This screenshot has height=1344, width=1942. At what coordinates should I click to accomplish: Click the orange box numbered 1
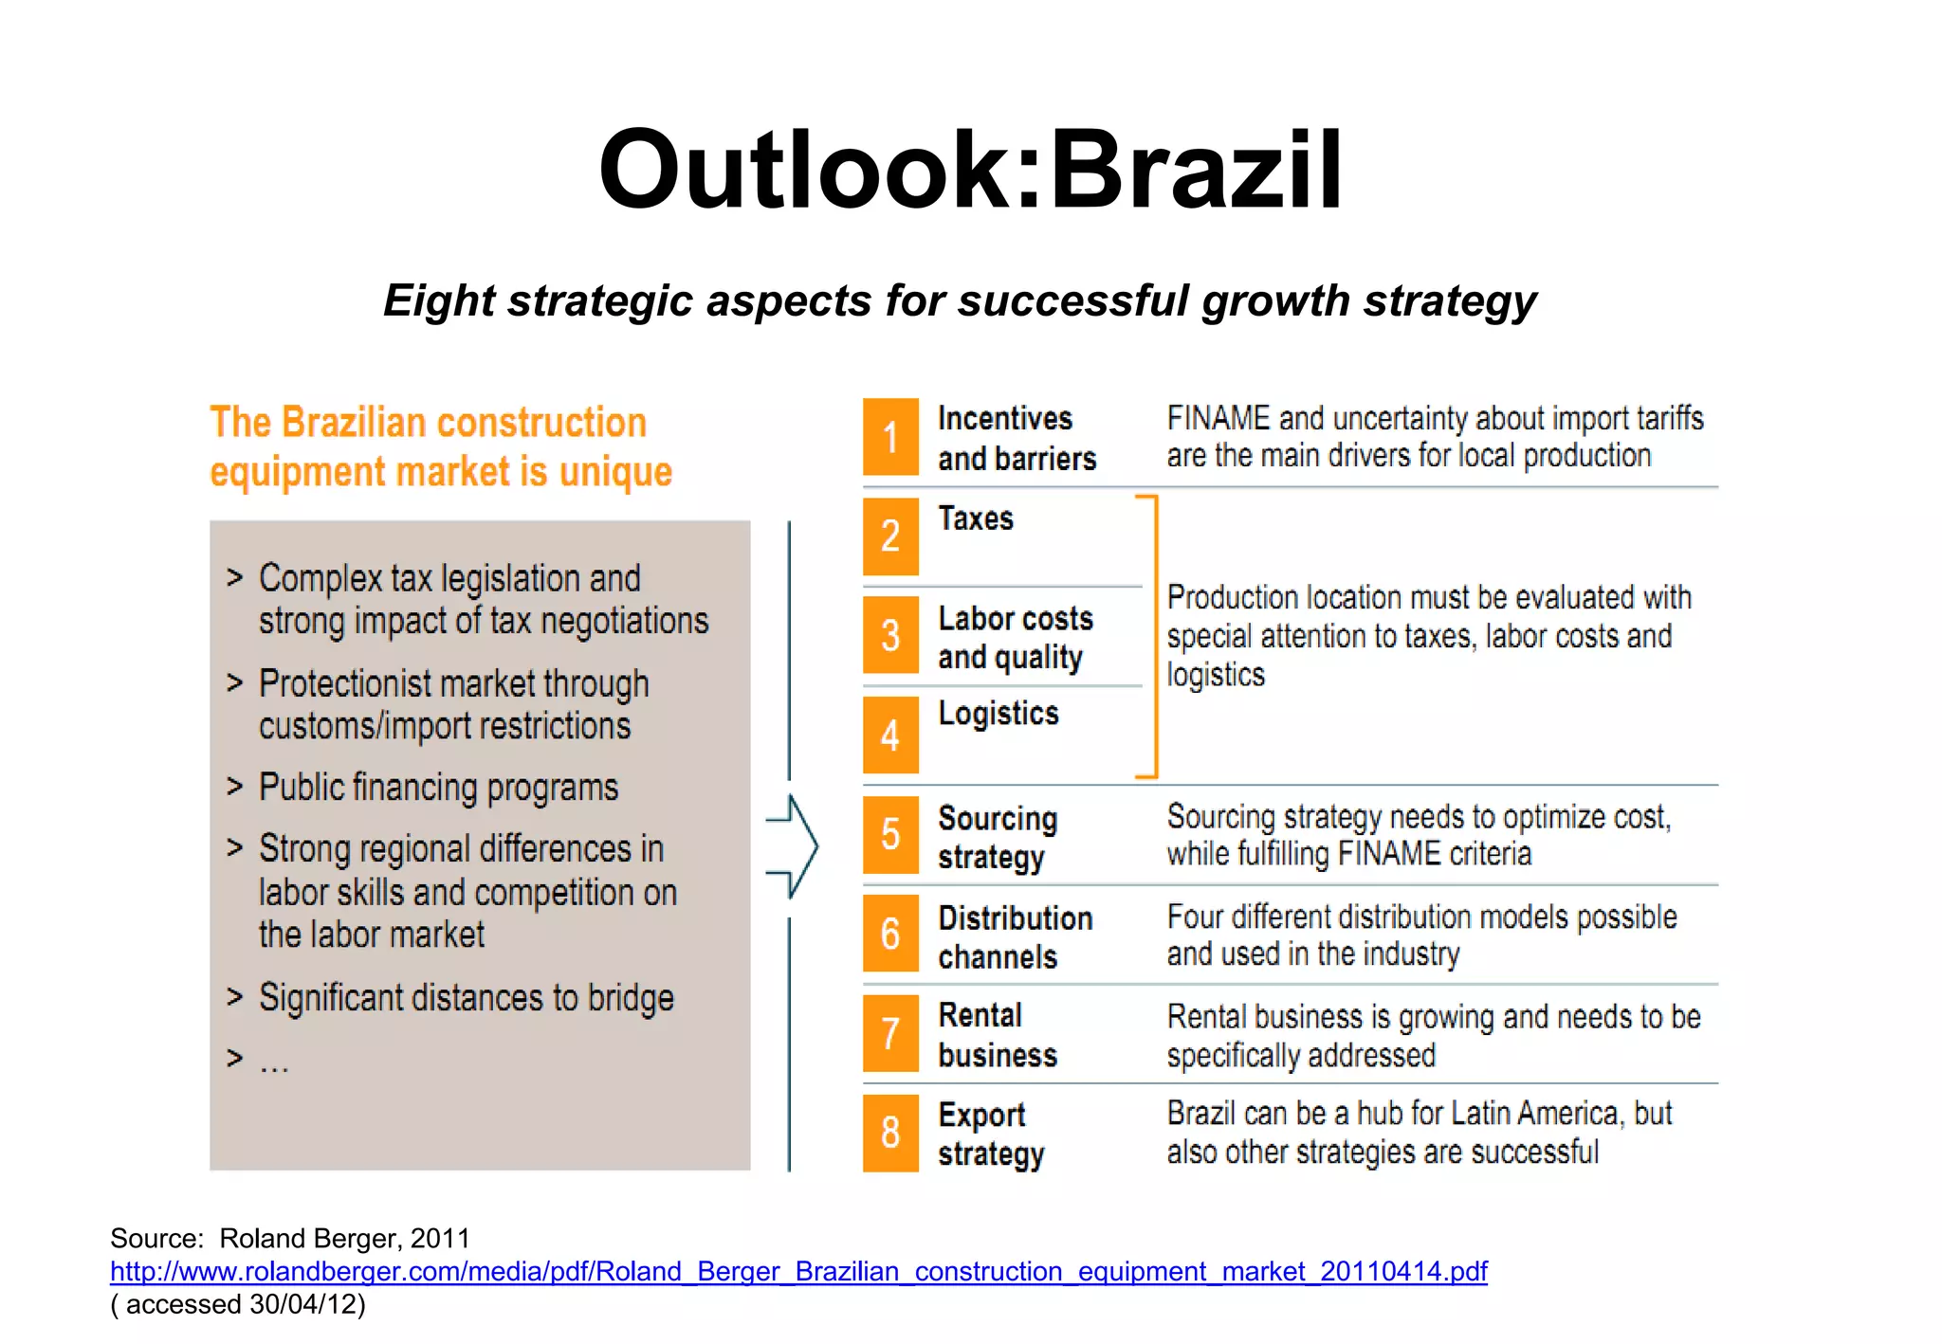coord(890,437)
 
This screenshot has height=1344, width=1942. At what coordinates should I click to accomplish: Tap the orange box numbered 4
coord(890,735)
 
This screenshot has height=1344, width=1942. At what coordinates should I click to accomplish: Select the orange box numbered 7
coord(890,1032)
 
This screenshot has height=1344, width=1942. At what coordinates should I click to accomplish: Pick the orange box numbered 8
coord(890,1133)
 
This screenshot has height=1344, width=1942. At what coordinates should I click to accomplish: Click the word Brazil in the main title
coord(1197,171)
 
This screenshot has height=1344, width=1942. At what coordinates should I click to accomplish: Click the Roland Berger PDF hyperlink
coord(798,1271)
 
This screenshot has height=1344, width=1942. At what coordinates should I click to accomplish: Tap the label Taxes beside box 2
coord(976,518)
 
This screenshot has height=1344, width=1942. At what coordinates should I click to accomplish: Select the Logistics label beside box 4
coord(998,713)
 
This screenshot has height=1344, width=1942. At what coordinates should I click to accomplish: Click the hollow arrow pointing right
coord(794,845)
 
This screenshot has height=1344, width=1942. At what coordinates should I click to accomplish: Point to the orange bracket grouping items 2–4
coord(1151,636)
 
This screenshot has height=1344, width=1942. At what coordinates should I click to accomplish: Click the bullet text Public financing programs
coord(438,788)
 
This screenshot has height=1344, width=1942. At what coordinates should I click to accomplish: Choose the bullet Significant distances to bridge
coord(466,998)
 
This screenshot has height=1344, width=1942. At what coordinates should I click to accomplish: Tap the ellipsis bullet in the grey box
coord(274,1062)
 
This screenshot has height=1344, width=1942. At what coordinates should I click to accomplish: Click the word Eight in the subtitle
coord(438,301)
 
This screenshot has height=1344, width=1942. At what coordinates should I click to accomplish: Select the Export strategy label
coord(991,1134)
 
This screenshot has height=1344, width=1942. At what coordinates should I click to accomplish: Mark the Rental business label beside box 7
coord(997,1035)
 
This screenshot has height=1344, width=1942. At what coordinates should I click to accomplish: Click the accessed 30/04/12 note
coord(238,1304)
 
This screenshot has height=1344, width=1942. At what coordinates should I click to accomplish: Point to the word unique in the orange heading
coord(615,472)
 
